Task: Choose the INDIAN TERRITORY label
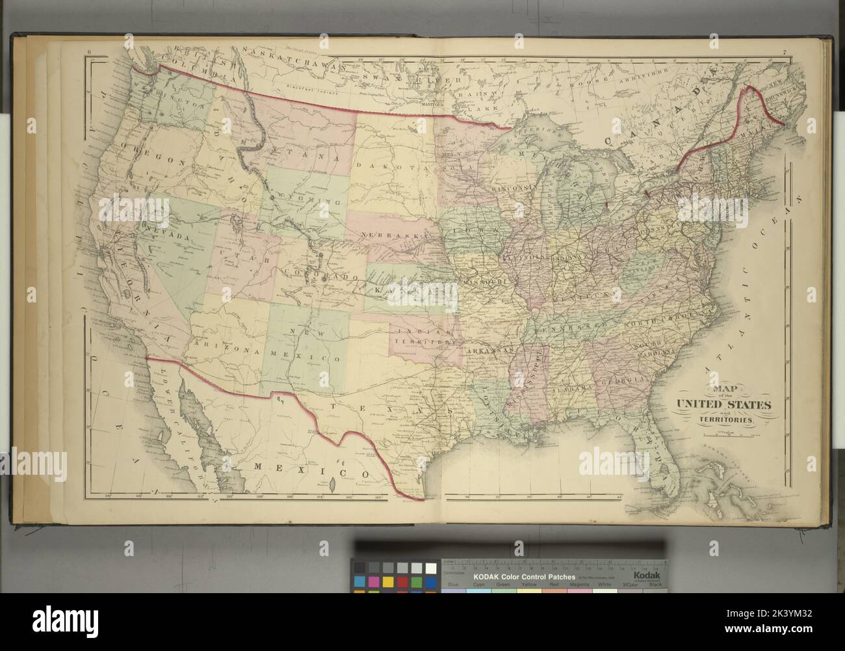click(421, 335)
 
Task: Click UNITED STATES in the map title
click(724, 405)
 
